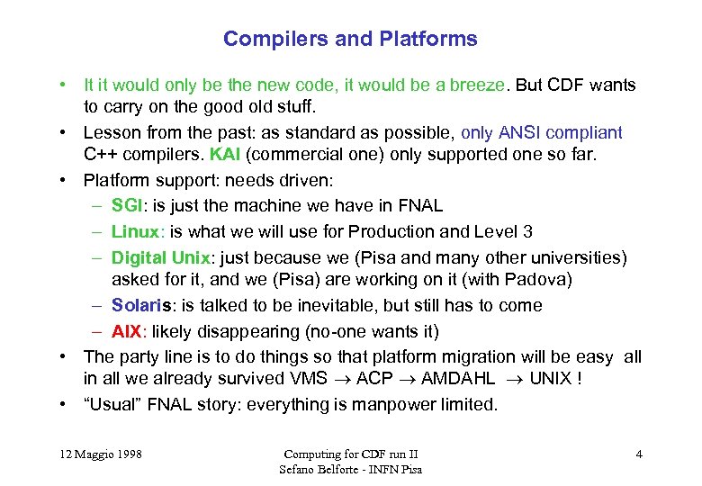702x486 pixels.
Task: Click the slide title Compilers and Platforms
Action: pos(350,39)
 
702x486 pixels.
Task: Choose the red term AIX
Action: pos(127,331)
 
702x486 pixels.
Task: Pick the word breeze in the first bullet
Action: pos(477,85)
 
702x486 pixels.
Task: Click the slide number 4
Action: pos(639,454)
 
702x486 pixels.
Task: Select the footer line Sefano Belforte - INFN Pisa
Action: pos(350,469)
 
